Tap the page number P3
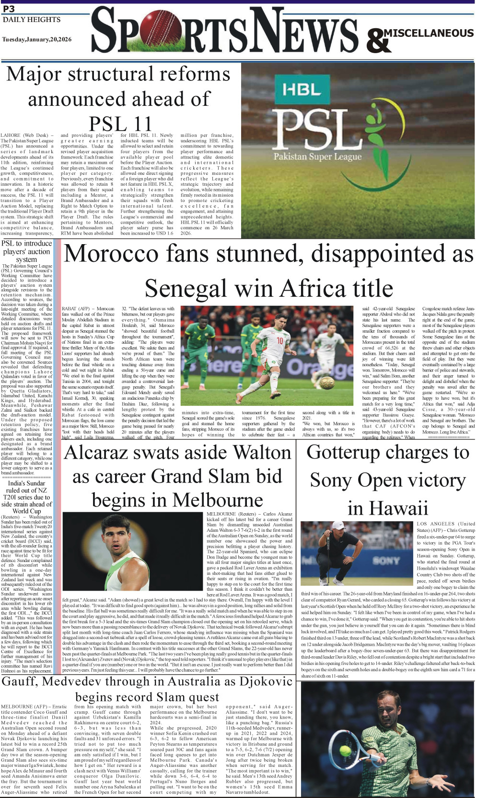[x=9, y=9]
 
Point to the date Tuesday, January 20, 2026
[x=36, y=40]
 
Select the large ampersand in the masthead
[x=378, y=41]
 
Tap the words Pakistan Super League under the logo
[x=317, y=157]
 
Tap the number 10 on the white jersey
[x=280, y=340]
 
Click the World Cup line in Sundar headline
[x=27, y=511]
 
